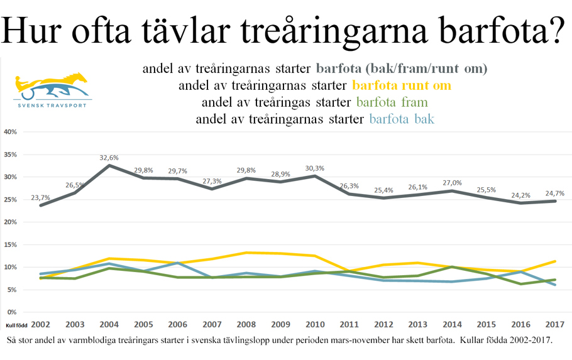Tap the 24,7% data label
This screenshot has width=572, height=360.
coord(555,194)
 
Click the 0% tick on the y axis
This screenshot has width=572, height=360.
coord(13,312)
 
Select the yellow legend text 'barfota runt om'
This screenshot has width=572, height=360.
coord(402,85)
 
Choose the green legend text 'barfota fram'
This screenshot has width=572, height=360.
coord(392,102)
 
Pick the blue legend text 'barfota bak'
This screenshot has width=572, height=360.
coord(403,119)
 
